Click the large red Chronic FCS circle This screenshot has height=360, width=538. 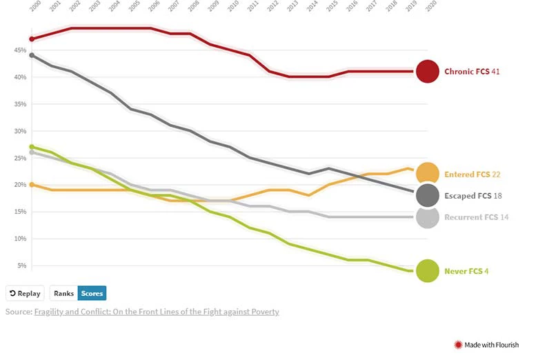tap(428, 71)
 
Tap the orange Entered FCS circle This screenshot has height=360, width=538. tap(428, 174)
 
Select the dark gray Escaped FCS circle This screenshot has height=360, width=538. tap(428, 195)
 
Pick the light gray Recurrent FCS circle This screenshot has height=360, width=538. tap(428, 217)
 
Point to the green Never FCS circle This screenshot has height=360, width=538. tap(428, 271)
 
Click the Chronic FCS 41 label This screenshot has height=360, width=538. tap(471, 71)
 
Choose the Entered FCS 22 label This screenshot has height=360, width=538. tap(472, 174)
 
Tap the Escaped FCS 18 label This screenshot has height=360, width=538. tap(472, 196)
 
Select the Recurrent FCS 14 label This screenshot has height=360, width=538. tap(476, 217)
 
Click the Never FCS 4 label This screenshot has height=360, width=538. tap(466, 271)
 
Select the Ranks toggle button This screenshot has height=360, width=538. tap(64, 293)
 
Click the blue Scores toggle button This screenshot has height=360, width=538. tap(92, 293)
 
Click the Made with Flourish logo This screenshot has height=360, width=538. tap(486, 344)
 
